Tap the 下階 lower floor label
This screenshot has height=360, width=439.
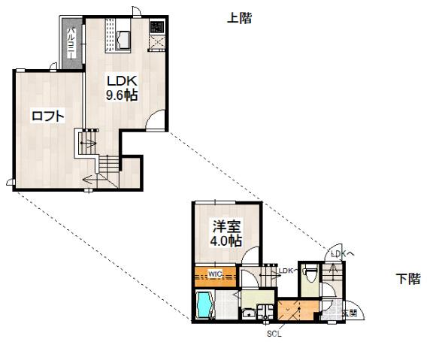pos(407,280)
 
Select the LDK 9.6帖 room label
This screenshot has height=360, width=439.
pos(121,87)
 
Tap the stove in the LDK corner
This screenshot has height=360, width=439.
pos(156,28)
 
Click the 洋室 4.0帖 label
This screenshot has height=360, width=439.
pos(226,232)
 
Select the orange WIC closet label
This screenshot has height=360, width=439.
pos(215,273)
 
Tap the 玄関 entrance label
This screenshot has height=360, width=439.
pos(349,312)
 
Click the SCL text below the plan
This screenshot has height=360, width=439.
pos(274,334)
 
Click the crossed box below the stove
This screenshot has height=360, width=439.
pos(156,44)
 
